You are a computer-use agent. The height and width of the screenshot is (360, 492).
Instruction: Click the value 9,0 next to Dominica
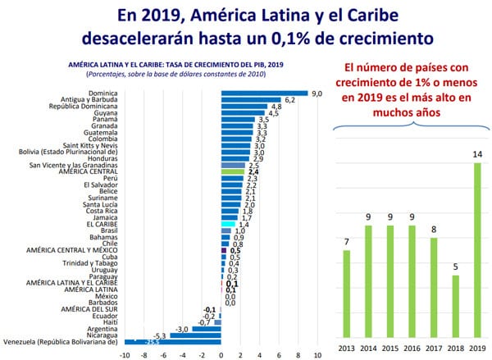click(316, 93)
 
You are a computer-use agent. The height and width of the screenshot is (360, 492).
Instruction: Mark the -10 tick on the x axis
click(125, 354)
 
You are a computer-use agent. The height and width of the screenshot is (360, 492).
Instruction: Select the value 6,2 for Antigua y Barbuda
click(289, 100)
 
